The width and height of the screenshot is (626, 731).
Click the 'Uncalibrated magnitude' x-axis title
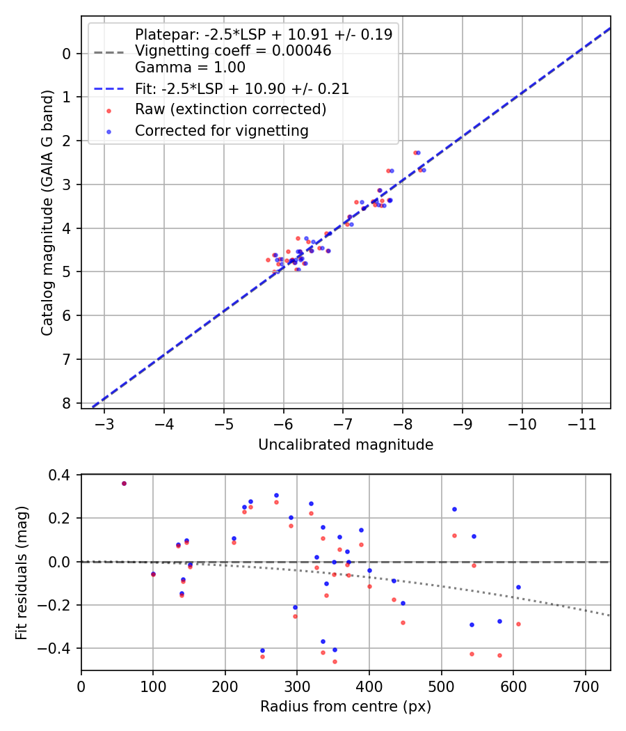pyautogui.click(x=346, y=445)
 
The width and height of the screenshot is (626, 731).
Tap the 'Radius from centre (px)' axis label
pyautogui.click(x=346, y=707)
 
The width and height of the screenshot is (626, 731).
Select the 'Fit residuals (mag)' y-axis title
pyautogui.click(x=22, y=572)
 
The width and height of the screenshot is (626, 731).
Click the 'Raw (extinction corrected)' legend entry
pyautogui.click(x=230, y=109)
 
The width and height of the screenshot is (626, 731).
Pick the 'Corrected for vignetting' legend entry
pyautogui.click(x=222, y=130)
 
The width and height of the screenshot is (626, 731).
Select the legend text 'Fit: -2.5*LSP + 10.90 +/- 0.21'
pyautogui.click(x=242, y=88)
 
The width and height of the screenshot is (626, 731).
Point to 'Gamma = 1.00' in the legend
pyautogui.click(x=190, y=68)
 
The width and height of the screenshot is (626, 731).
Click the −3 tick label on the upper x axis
pyautogui.click(x=105, y=423)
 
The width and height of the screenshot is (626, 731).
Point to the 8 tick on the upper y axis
pyautogui.click(x=67, y=403)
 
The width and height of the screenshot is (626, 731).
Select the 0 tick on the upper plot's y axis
pyautogui.click(x=67, y=54)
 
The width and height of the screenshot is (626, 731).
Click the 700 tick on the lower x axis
pyautogui.click(x=585, y=685)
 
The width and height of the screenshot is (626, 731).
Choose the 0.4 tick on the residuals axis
pyautogui.click(x=61, y=475)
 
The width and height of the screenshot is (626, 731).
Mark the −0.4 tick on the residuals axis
pyautogui.click(x=56, y=648)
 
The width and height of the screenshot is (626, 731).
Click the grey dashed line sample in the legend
pyautogui.click(x=109, y=52)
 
